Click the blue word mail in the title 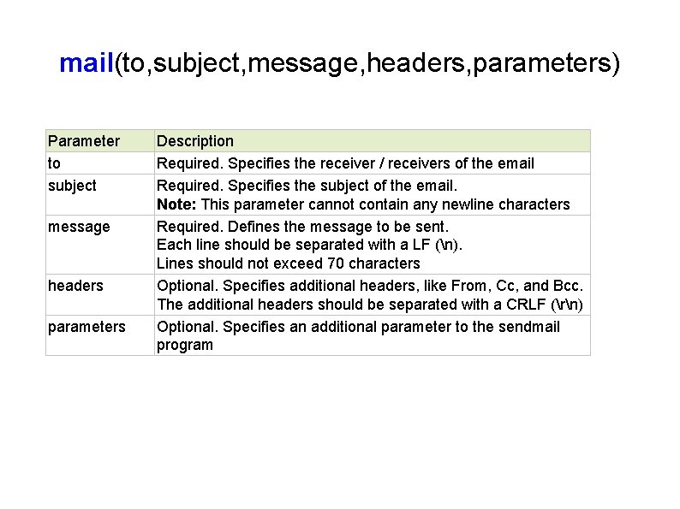(86, 63)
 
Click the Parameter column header (84, 141)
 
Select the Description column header (195, 141)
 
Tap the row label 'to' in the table (55, 163)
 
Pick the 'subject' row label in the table (72, 186)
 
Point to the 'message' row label (79, 227)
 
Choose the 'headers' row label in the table (75, 286)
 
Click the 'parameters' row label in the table (86, 327)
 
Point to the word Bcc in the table (567, 286)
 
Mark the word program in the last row (184, 346)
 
